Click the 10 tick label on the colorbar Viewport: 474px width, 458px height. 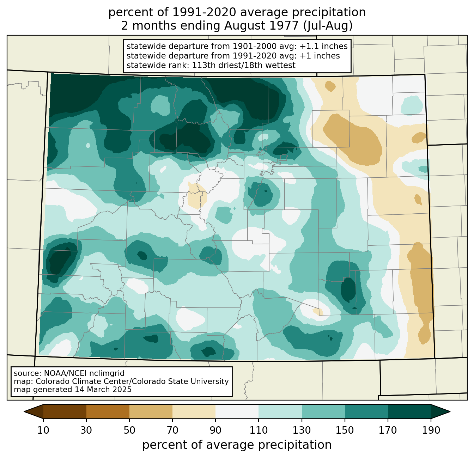[43, 430]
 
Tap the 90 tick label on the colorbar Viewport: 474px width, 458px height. [215, 430]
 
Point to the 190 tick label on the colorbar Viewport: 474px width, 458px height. [431, 430]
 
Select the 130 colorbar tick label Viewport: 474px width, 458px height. [302, 430]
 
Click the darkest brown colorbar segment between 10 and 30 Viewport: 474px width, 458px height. [65, 411]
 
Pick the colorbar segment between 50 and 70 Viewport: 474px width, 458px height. [151, 411]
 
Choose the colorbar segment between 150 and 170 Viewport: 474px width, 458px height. [366, 411]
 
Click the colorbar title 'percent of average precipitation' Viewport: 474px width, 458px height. [237, 445]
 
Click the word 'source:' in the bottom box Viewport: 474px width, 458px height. [28, 373]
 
